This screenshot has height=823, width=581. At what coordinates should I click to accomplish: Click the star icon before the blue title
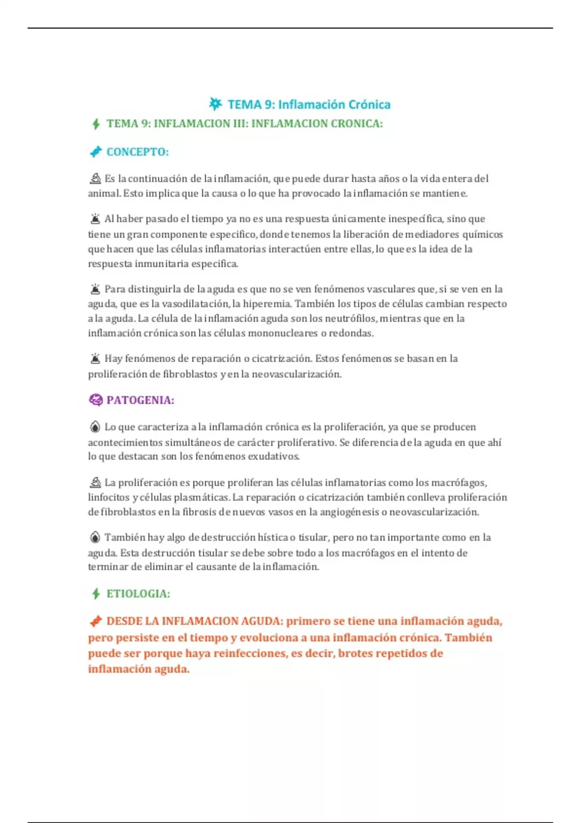click(x=215, y=104)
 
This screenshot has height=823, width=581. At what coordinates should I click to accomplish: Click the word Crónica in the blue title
click(x=368, y=105)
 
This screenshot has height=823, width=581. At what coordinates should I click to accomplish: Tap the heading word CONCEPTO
click(x=137, y=152)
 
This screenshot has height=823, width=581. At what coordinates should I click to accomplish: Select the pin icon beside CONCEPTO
click(x=96, y=152)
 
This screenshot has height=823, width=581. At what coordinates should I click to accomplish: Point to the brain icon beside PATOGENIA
click(x=95, y=400)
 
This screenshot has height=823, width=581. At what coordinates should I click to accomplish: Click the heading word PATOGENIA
click(x=139, y=400)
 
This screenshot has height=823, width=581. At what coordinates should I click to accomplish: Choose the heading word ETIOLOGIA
click(x=138, y=594)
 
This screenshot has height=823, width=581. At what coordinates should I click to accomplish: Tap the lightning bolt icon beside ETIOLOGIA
click(x=96, y=594)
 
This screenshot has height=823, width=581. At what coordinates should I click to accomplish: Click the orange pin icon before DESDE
click(x=96, y=621)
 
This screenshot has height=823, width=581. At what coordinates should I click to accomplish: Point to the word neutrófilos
click(x=343, y=319)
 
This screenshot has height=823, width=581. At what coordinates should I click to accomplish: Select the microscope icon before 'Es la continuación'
click(x=95, y=179)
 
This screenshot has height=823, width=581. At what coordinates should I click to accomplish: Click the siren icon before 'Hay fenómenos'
click(x=95, y=359)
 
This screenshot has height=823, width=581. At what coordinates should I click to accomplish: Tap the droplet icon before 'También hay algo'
click(x=95, y=537)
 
